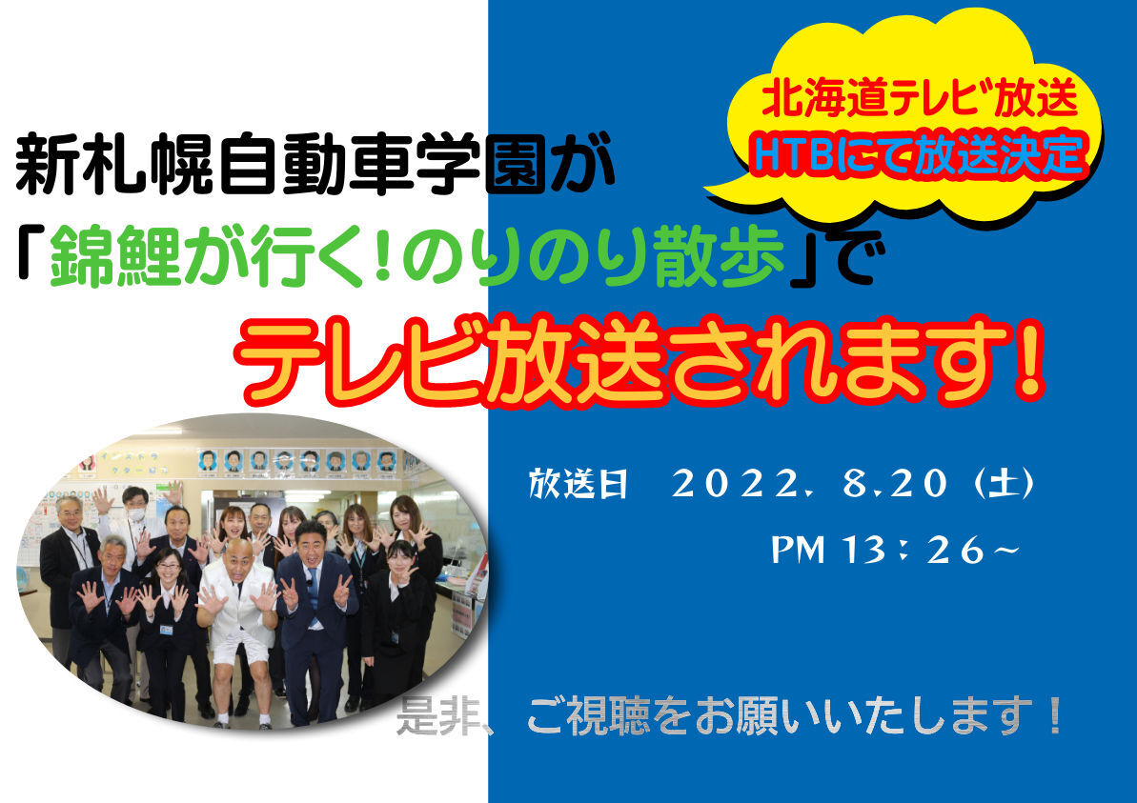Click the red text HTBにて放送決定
pyautogui.click(x=919, y=154)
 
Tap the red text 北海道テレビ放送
pyautogui.click(x=920, y=97)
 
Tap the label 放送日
pyautogui.click(x=578, y=483)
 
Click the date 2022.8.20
pyautogui.click(x=809, y=483)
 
